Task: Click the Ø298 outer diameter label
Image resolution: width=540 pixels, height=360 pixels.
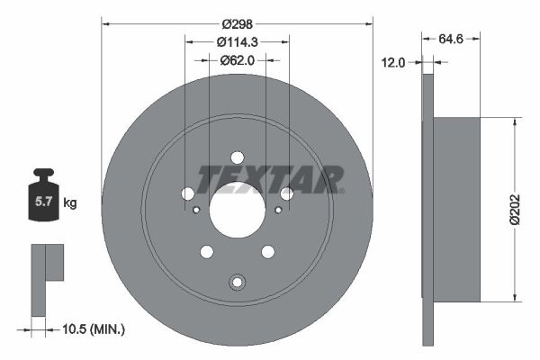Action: pyautogui.click(x=238, y=24)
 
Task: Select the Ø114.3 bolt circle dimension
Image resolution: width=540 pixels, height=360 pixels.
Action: pyautogui.click(x=238, y=42)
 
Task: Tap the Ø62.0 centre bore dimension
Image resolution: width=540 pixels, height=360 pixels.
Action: pyautogui.click(x=238, y=60)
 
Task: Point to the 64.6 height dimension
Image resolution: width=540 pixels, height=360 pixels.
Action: pyautogui.click(x=451, y=39)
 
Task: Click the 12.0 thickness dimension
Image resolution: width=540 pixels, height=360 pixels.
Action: pyautogui.click(x=393, y=63)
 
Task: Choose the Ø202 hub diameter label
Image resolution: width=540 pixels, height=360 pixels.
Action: pyautogui.click(x=515, y=210)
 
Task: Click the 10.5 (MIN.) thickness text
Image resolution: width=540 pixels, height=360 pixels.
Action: pyautogui.click(x=94, y=329)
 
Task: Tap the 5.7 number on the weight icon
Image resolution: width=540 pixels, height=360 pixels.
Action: pyautogui.click(x=43, y=202)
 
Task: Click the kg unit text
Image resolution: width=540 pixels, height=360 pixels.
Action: pyautogui.click(x=70, y=202)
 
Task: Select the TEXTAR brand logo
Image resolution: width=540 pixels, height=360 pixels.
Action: pyautogui.click(x=270, y=179)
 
